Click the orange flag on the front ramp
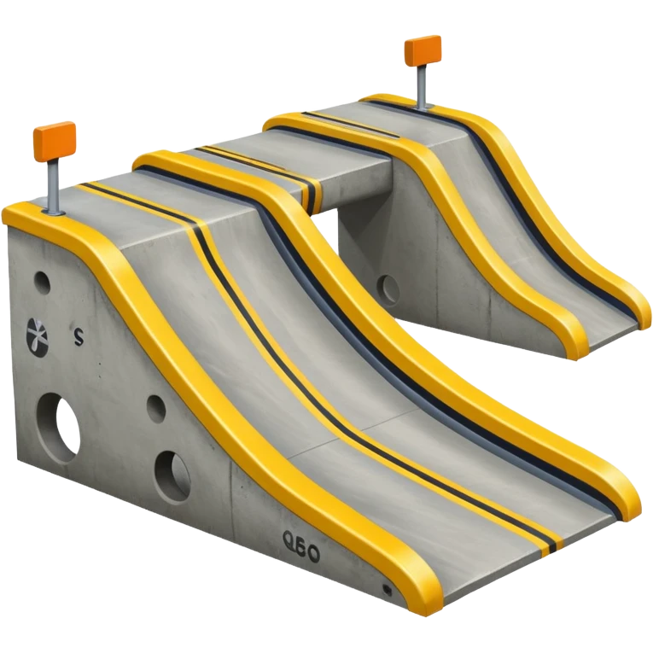[53, 139]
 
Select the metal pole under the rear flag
[423, 86]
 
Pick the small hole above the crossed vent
[42, 281]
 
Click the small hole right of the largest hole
[156, 408]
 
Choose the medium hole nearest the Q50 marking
[173, 468]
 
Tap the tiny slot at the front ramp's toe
[387, 589]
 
